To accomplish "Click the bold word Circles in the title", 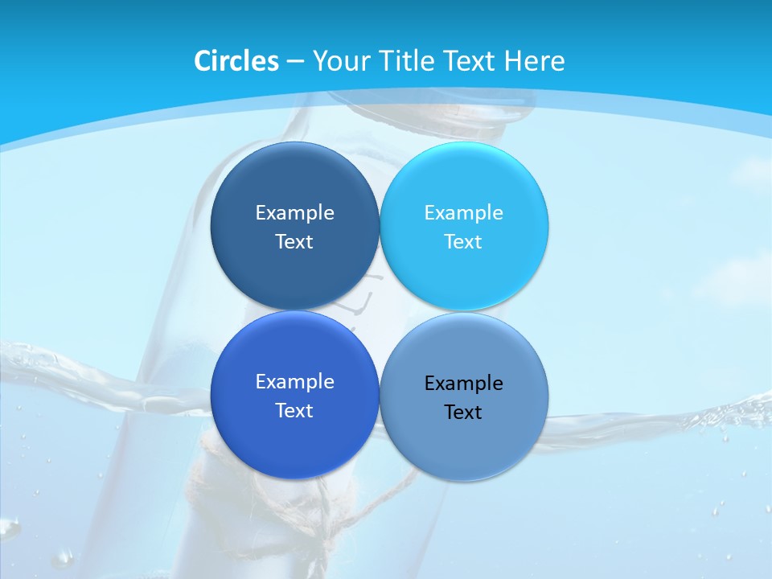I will click(236, 61).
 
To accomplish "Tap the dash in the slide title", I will click(295, 62).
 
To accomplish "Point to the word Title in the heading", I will click(407, 61).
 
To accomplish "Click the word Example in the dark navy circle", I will click(294, 213).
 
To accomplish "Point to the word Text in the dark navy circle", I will click(294, 241).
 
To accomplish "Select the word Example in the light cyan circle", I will click(464, 213).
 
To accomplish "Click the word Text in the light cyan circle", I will click(464, 241).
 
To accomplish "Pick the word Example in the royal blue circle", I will click(294, 382).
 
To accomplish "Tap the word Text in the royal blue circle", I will click(294, 410).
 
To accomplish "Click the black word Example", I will click(464, 384).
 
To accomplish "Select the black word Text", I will click(464, 413).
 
